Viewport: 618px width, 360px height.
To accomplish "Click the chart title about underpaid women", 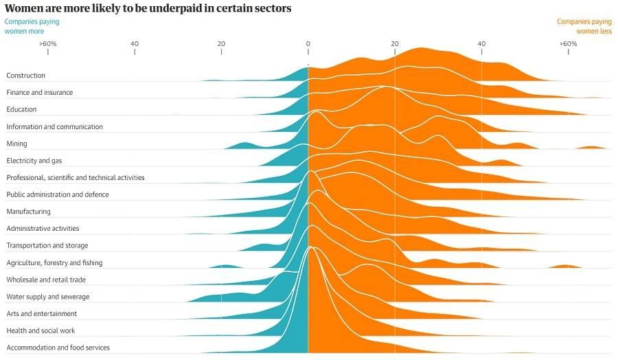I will coord(148,8).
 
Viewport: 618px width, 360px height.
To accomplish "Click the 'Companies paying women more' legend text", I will coord(32,26).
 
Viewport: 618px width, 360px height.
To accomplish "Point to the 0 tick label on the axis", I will coord(308,44).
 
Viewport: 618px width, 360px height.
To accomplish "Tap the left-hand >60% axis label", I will coord(47,44).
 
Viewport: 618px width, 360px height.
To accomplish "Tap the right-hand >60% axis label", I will coord(568,44).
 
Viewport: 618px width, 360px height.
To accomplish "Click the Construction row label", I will coord(26,76).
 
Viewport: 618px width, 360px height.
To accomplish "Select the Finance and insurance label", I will coord(39,93).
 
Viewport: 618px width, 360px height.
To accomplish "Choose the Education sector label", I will coord(21,109).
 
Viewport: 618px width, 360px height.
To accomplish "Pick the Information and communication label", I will coord(54,126).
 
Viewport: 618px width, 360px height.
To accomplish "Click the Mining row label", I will coord(16,144).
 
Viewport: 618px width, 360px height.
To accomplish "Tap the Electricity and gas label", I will coord(34,161).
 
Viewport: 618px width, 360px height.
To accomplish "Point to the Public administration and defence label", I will coord(58,194).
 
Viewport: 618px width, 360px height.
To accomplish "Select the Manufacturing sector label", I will coord(28,212).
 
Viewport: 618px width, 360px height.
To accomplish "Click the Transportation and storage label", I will coord(47,245).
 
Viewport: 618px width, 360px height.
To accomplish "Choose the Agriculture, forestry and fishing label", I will coord(54,262).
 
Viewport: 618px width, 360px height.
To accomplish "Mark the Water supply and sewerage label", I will coord(48,297).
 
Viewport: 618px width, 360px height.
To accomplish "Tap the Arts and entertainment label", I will coord(42,313).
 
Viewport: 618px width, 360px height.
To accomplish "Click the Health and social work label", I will coord(41,330).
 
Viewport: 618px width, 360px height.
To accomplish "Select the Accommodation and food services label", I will coord(58,348).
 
